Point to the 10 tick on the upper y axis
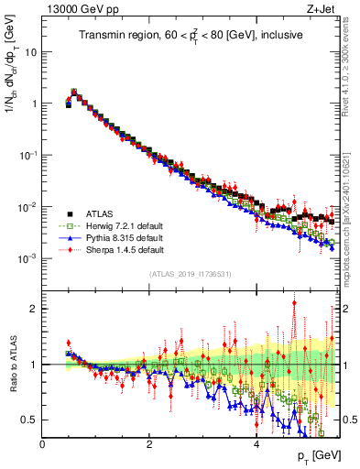[x=30, y=51]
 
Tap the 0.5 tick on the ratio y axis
[x=31, y=420]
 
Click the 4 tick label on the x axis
[x=257, y=444]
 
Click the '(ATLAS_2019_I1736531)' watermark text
[x=191, y=274]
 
